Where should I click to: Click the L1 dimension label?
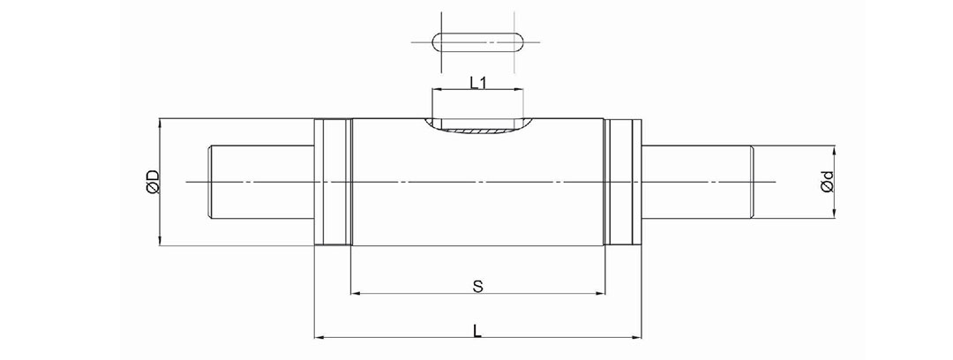(478, 82)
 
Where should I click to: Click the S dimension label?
(477, 287)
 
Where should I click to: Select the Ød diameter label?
(826, 181)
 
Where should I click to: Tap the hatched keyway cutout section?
(477, 130)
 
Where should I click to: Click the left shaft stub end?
(261, 182)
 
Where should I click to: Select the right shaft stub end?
(698, 182)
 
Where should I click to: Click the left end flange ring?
(333, 182)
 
